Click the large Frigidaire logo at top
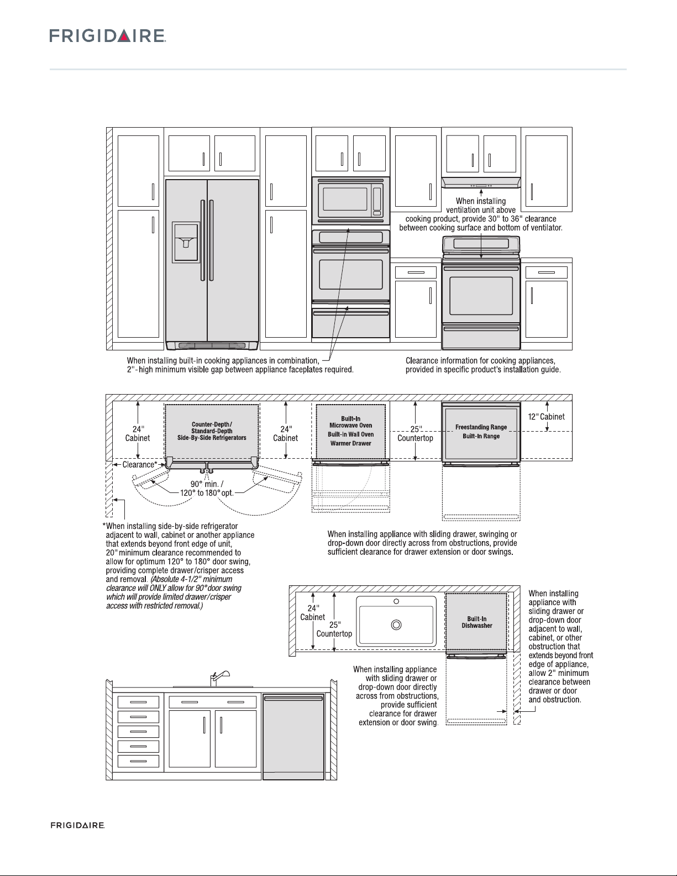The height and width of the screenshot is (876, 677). pos(108,36)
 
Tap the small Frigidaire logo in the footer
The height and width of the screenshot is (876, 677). pos(78,825)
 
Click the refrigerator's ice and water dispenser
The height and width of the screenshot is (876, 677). pos(186,242)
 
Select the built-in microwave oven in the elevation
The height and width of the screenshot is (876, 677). pos(350,198)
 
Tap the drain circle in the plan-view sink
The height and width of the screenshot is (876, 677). pos(396,625)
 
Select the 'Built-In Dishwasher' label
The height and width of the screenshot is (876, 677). pos(477,622)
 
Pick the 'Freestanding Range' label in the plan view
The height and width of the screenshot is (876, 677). pos(481,427)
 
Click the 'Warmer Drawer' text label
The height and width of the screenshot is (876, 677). pos(350,443)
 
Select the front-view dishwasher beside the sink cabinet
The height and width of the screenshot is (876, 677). pos(293,736)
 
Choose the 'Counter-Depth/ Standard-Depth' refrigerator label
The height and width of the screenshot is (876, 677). pos(212,427)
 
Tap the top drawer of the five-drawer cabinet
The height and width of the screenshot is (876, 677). pos(138,702)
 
